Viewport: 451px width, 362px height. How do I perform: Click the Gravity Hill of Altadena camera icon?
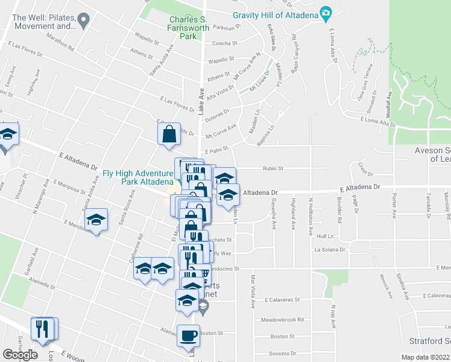pos(326,13)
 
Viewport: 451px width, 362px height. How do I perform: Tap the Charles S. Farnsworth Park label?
pos(189,28)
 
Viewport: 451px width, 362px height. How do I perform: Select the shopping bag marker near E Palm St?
pos(169,135)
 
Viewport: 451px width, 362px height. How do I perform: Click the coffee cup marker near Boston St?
pos(188,335)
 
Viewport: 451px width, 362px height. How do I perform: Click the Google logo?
pos(20,355)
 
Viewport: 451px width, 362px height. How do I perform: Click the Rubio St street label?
pos(273,169)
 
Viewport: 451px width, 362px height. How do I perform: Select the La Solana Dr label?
pos(331,249)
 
